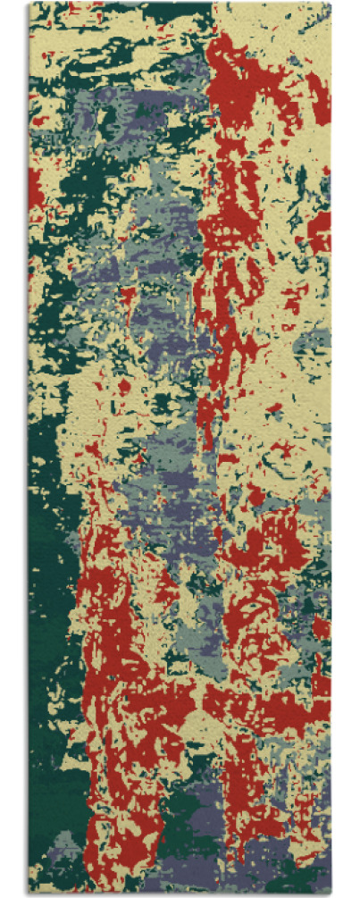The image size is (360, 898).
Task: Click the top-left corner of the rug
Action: (29, 4)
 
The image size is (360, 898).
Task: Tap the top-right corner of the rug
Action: (330, 4)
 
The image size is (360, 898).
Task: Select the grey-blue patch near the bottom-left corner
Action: (67, 844)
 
